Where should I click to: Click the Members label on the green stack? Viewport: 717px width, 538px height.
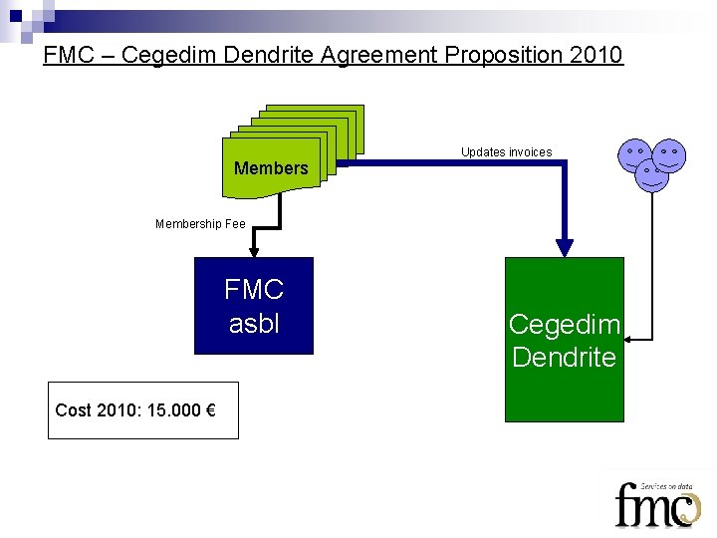coord(271,168)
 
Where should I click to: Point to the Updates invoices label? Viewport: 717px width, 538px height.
coord(506,152)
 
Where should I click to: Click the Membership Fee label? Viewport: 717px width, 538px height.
coord(200,224)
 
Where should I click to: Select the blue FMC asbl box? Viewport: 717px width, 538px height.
coord(254,306)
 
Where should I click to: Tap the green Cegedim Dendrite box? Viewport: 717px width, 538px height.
coord(564,340)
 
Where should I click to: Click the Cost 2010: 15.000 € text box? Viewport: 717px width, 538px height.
coord(143,410)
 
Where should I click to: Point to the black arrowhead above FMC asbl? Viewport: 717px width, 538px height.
coord(254,252)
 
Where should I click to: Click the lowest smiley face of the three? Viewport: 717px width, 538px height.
coord(652,175)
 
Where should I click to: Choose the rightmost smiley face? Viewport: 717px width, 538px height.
coord(670,155)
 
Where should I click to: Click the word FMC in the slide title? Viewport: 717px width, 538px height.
coord(70,55)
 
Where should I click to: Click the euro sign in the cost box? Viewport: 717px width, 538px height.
coord(211,410)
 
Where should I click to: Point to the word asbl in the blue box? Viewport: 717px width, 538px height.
coord(254,324)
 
